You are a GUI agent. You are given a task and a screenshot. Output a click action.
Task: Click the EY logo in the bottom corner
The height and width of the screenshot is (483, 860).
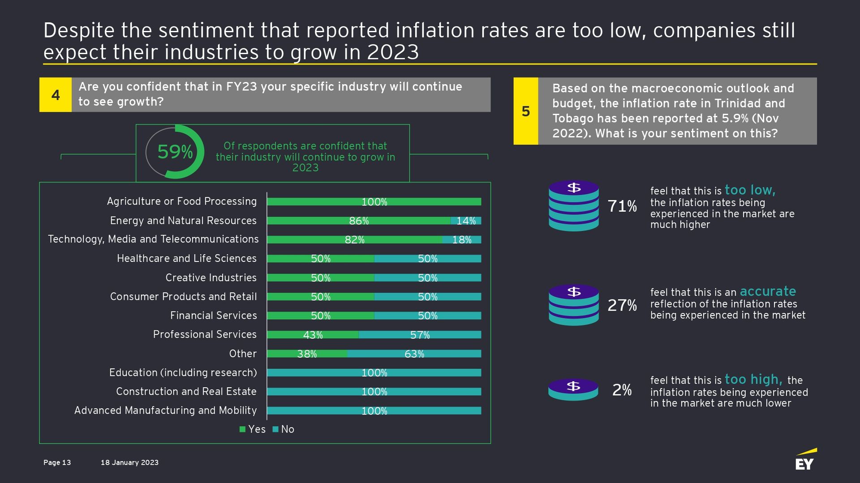click(805, 460)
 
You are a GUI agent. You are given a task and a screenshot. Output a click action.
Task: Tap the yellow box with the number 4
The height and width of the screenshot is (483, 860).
click(56, 95)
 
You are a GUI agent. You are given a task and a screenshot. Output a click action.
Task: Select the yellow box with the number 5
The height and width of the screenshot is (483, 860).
click(526, 111)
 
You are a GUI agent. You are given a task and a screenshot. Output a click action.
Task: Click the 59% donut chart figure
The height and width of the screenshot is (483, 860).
click(175, 152)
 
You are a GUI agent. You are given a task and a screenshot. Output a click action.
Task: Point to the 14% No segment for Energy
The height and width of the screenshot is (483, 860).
click(466, 221)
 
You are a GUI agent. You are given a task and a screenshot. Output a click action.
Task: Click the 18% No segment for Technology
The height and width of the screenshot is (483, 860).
click(462, 240)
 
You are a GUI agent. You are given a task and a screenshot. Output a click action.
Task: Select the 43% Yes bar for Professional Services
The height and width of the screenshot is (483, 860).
click(313, 335)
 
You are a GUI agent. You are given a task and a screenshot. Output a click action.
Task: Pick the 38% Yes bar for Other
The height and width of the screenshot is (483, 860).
click(307, 354)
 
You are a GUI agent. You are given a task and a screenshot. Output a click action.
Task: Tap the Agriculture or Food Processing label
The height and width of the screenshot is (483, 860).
click(182, 201)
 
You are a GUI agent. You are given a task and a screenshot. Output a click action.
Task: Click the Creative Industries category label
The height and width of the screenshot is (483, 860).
click(211, 278)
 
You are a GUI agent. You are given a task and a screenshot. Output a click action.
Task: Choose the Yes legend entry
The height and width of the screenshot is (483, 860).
click(253, 429)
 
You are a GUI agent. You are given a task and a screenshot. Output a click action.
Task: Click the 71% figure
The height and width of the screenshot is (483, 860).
click(622, 206)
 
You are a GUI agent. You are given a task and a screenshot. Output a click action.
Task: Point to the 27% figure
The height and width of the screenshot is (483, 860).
click(622, 305)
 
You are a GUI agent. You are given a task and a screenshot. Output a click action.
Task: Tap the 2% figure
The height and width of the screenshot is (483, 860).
click(622, 390)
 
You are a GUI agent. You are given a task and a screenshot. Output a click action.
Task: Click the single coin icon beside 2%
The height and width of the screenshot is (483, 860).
click(573, 389)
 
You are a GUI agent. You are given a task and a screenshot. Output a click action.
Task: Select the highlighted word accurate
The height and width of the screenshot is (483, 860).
click(768, 291)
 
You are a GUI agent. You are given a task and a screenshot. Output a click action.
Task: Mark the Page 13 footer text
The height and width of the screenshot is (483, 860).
click(57, 462)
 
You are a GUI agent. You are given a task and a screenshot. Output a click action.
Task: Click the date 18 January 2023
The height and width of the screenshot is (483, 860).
click(129, 462)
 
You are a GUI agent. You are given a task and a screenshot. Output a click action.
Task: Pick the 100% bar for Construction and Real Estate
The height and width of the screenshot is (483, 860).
click(374, 392)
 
